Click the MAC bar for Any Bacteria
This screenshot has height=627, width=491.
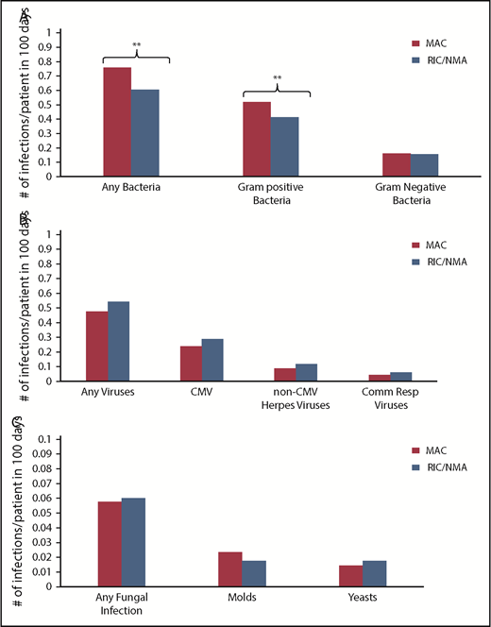tap(117, 122)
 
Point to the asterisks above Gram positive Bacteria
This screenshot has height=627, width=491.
tap(277, 78)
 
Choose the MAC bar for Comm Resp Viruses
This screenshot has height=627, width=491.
tap(379, 378)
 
